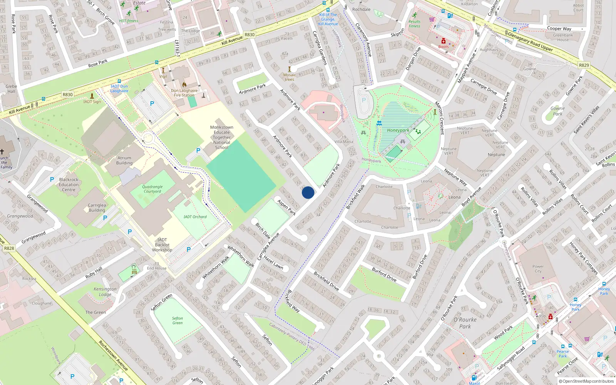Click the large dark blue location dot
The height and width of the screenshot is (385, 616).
(x=308, y=192)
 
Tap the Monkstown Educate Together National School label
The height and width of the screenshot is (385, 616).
(x=222, y=137)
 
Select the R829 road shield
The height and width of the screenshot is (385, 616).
(x=584, y=65)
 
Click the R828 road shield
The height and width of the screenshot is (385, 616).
(x=9, y=248)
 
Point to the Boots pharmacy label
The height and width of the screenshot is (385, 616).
(x=444, y=47)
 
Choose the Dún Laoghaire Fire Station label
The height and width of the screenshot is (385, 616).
(x=184, y=93)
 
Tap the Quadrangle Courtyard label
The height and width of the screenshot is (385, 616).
(x=152, y=189)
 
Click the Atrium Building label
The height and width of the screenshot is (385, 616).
(x=124, y=160)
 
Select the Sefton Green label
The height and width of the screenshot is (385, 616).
(x=177, y=320)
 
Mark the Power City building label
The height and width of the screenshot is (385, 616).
(x=538, y=269)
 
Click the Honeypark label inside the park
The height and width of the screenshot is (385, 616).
(x=398, y=130)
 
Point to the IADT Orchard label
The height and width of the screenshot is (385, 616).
(x=195, y=217)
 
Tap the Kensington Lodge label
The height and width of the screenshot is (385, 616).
(x=105, y=291)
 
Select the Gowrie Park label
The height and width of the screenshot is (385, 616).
(x=557, y=111)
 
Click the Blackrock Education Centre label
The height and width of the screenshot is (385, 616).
(x=69, y=184)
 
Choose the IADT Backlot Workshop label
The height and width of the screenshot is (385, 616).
(x=162, y=245)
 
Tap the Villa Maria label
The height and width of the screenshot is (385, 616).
(x=344, y=141)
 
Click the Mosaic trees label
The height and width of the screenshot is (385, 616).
(x=290, y=77)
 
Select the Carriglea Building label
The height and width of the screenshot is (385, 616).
(x=97, y=208)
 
